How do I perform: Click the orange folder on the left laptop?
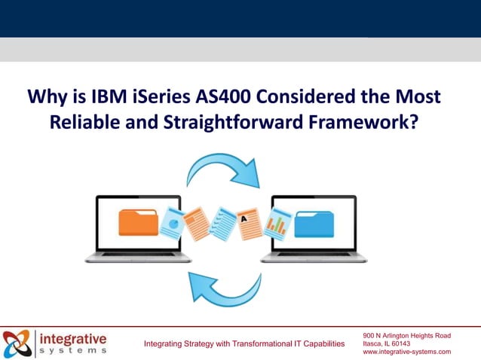point(138,222)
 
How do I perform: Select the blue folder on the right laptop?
point(315,224)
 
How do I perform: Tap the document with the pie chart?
point(172,223)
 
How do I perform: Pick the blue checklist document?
point(222,224)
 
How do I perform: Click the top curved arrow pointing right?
point(222,171)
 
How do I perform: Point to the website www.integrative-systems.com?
point(406,352)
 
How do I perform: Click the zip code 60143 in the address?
point(400,343)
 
